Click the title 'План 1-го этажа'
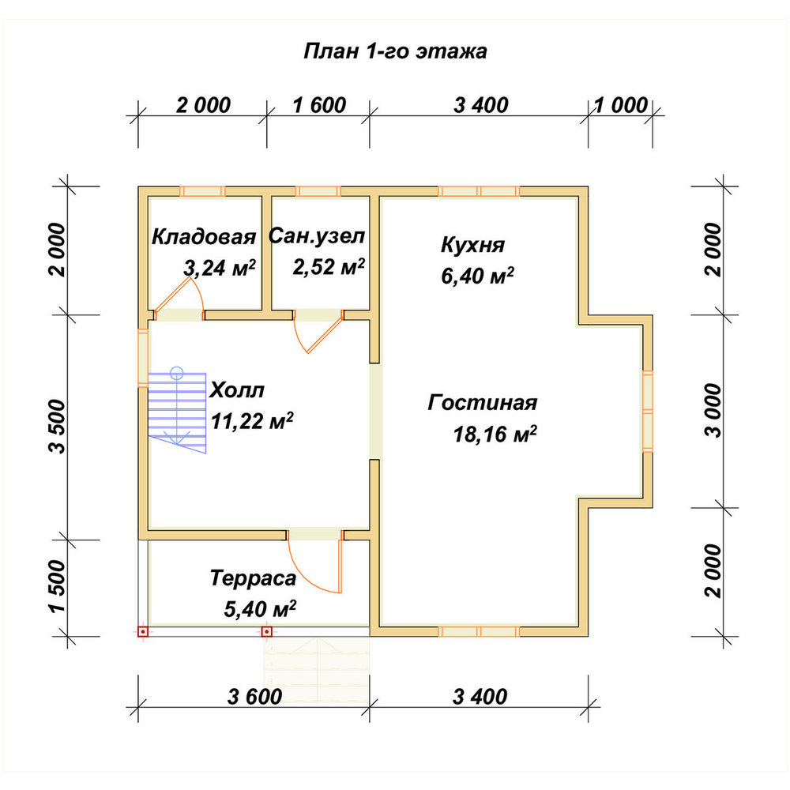pos(396,51)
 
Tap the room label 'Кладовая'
pos(204,236)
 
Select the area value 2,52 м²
pos(329,266)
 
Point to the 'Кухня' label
pos(472,245)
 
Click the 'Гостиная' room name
pos(482,403)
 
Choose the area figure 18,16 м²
pos(495,434)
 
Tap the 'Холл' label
pos(237,390)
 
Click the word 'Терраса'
pos(253,578)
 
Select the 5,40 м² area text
pos(260,609)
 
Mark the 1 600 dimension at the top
pos(319,105)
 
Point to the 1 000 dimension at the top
pos(621,105)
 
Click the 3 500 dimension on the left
pos(57,427)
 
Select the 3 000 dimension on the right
pos(713,410)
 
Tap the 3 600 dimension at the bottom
pos(254,697)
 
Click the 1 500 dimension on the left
pos(57,586)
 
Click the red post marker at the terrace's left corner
pos(143,631)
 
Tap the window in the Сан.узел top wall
pos(318,191)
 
